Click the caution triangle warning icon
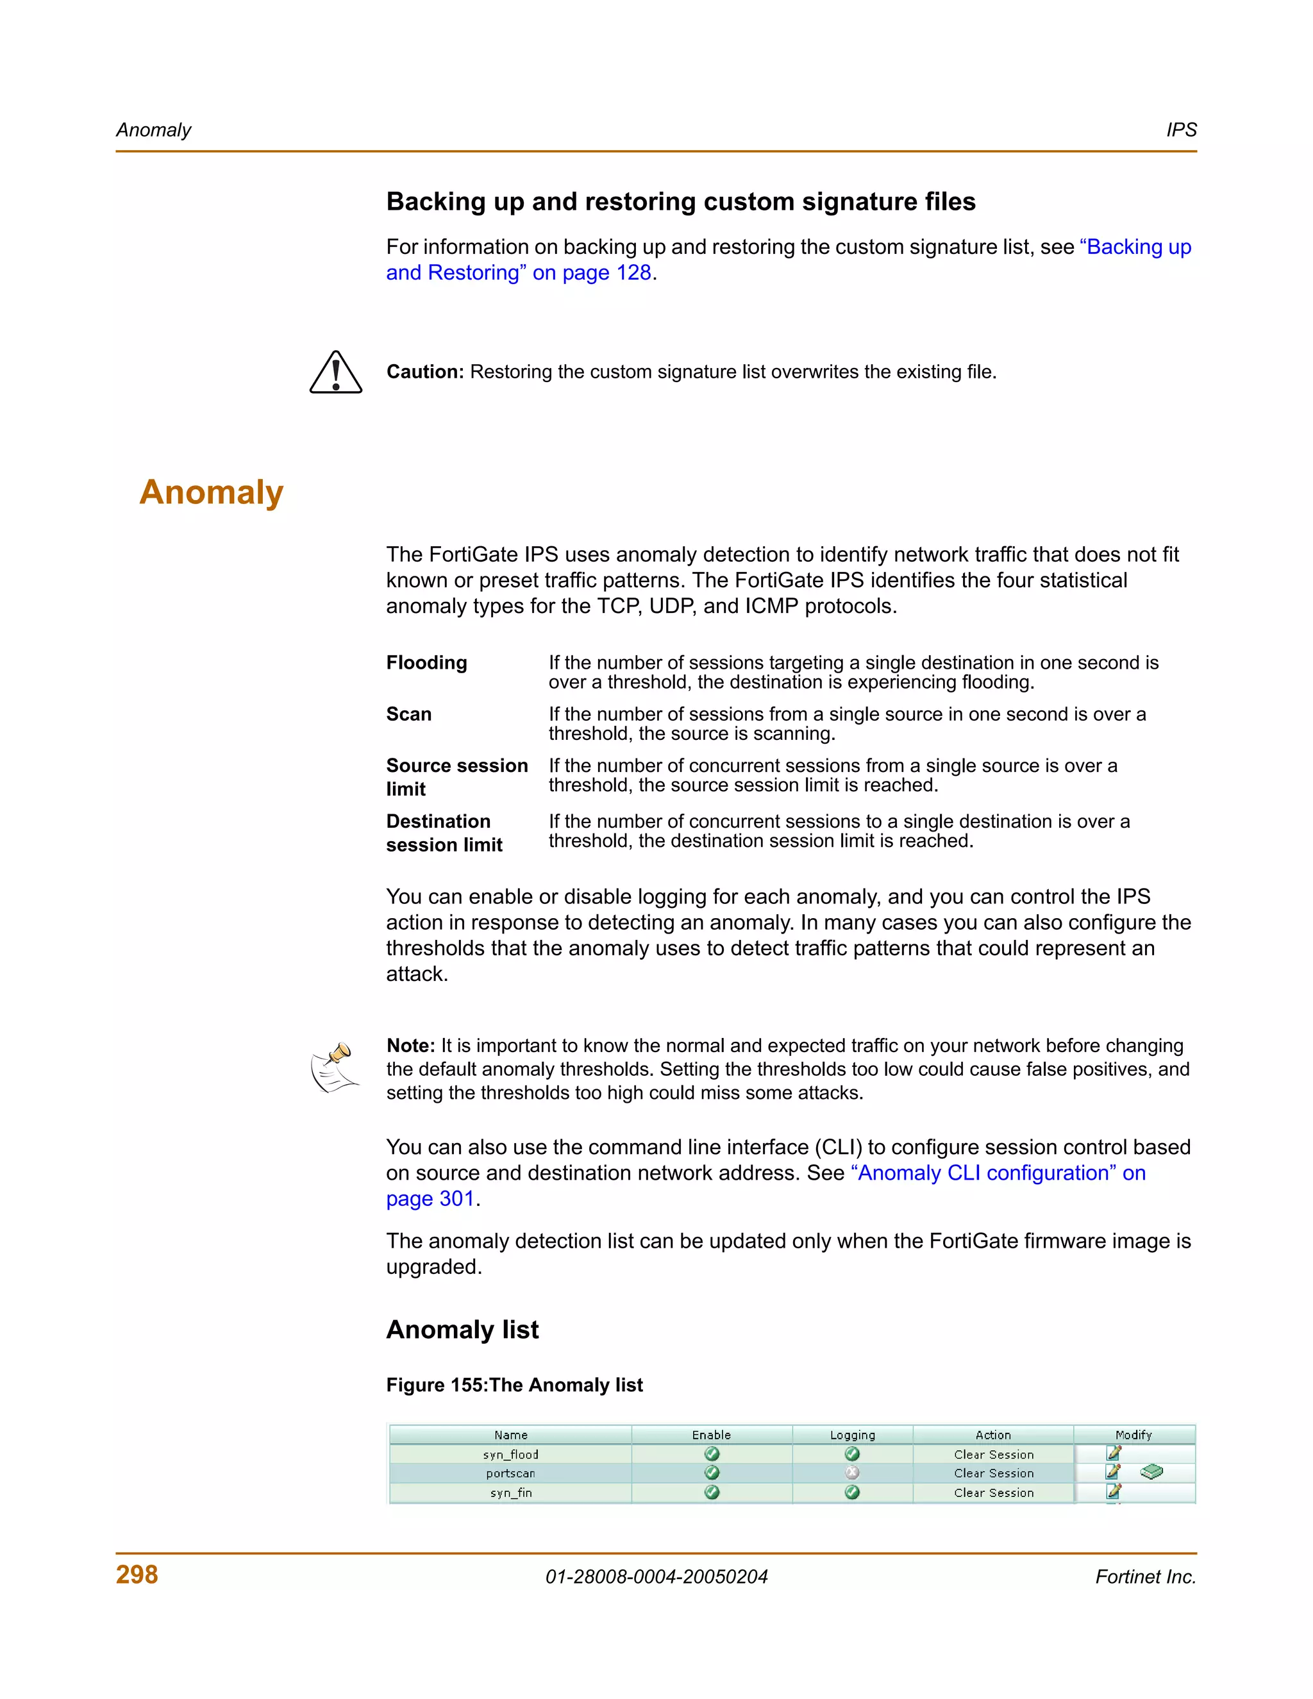click(x=336, y=372)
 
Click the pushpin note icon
click(x=335, y=1067)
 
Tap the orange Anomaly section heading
click(x=212, y=492)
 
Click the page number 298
click(x=137, y=1575)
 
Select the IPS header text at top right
click(x=1181, y=130)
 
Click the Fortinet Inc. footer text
click(x=1145, y=1577)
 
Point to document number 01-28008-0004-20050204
click(x=656, y=1577)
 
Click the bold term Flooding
click(x=426, y=663)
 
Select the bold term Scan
click(x=408, y=714)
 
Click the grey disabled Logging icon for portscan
click(x=852, y=1473)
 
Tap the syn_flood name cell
click(x=510, y=1454)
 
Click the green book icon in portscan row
click(x=1151, y=1472)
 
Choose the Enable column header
click(x=711, y=1434)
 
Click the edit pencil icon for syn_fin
click(x=1114, y=1491)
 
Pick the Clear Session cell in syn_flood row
click(x=993, y=1454)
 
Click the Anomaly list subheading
click(x=462, y=1330)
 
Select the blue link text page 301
click(x=430, y=1199)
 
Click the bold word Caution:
click(x=424, y=372)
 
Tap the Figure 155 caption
click(x=514, y=1385)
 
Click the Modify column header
click(x=1133, y=1434)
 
